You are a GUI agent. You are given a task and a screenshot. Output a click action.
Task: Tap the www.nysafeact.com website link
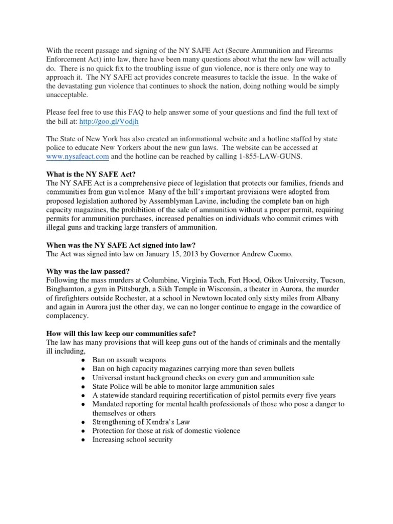click(77, 156)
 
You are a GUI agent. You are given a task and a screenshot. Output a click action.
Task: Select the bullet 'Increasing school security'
click(132, 439)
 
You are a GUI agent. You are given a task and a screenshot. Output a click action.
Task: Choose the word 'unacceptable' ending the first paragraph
click(67, 95)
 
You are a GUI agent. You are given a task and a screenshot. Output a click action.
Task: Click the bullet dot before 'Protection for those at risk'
click(83, 431)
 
